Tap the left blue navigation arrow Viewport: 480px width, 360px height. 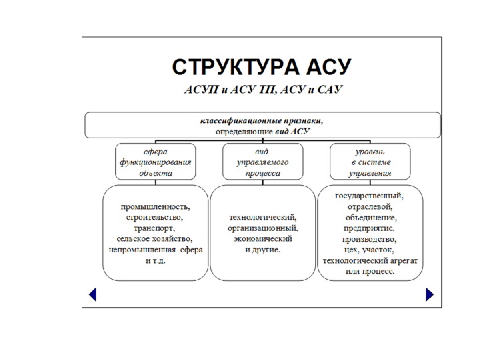pyautogui.click(x=93, y=294)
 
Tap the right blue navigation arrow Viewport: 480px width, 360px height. pyautogui.click(x=430, y=294)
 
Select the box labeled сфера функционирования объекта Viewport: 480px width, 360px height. pyautogui.click(x=155, y=161)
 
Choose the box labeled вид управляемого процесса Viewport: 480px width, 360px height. pyautogui.click(x=262, y=161)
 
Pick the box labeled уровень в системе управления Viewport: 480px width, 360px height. pyautogui.click(x=370, y=161)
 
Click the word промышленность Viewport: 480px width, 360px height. pyautogui.click(x=155, y=206)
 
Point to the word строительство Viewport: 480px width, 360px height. pyautogui.click(x=155, y=217)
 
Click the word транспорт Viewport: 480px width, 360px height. pyautogui.click(x=155, y=227)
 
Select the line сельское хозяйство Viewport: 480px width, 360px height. pyautogui.click(x=155, y=238)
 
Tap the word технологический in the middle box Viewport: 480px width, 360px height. pyautogui.click(x=262, y=217)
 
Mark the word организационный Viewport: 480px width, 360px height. pyautogui.click(x=262, y=227)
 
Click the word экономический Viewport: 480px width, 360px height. pyautogui.click(x=262, y=238)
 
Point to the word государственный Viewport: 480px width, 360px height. pyautogui.click(x=369, y=196)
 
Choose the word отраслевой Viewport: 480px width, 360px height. pyautogui.click(x=369, y=207)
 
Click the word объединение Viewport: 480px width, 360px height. pyautogui.click(x=371, y=217)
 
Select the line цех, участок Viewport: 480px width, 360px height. pyautogui.click(x=369, y=250)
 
